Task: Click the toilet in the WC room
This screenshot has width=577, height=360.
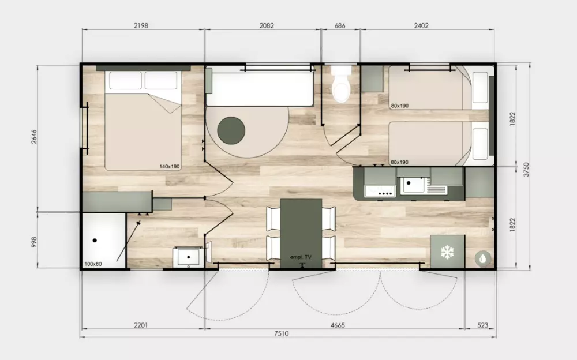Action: [341, 84]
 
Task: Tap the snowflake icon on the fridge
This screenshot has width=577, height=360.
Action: [447, 252]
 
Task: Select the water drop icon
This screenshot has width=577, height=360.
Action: [482, 258]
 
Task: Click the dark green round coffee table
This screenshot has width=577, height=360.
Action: [231, 131]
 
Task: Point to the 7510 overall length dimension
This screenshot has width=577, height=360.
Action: [281, 333]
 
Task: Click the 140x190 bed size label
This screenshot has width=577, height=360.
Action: [169, 166]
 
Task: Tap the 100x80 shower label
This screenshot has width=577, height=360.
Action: [93, 264]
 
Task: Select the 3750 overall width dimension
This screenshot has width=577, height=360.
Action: [526, 169]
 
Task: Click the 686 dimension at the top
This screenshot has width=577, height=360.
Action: [340, 25]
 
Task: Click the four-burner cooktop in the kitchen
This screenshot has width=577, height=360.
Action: [380, 191]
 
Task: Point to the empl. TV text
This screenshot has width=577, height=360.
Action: [301, 257]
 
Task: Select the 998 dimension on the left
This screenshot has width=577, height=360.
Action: [34, 242]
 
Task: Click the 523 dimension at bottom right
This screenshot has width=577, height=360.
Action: [482, 325]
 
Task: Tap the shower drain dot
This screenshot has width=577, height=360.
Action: [95, 241]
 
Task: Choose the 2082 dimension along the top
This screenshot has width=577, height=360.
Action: [267, 25]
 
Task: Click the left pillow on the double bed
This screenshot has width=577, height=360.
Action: [125, 80]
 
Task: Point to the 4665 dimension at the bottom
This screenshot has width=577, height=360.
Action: [338, 325]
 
